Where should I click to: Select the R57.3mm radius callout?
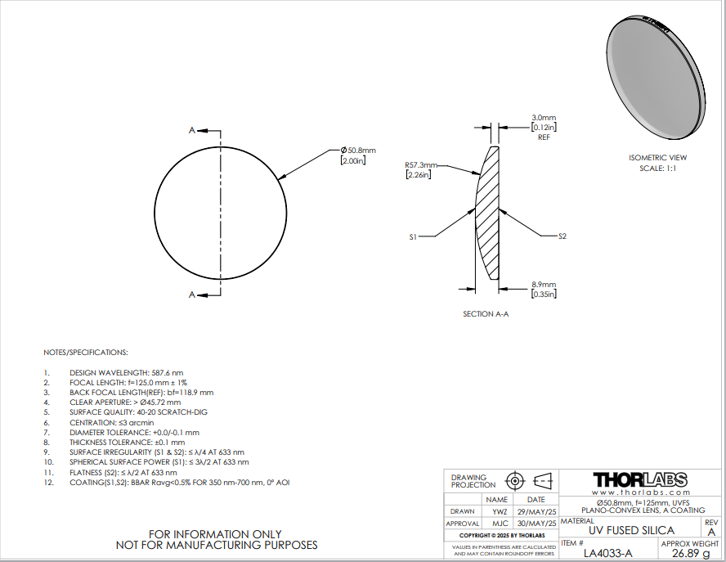[x=421, y=165]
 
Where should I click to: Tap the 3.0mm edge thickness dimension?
[x=544, y=118]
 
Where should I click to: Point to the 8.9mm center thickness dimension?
[x=544, y=285]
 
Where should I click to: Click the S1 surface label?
[x=414, y=236]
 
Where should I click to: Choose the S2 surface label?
[x=562, y=236]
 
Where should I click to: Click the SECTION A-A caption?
[x=486, y=314]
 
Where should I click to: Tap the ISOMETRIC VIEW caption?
[x=657, y=157]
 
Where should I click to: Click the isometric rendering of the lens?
[x=654, y=78]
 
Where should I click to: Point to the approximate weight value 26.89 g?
[x=690, y=553]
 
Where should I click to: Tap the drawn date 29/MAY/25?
[x=536, y=511]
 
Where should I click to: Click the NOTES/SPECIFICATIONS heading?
[x=86, y=353]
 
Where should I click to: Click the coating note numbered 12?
[x=179, y=483]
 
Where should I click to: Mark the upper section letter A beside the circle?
[x=192, y=130]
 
